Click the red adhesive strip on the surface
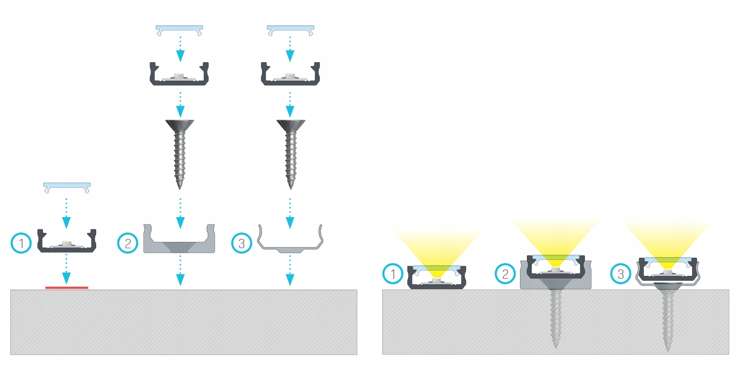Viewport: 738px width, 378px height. pos(67,287)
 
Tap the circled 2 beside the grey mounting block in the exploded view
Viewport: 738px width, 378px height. pos(127,243)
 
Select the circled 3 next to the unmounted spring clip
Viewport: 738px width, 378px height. pos(241,243)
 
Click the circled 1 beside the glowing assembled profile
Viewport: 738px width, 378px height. pos(393,274)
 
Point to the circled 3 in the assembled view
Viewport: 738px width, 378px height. pos(621,274)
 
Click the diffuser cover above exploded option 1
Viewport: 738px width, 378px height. pos(67,187)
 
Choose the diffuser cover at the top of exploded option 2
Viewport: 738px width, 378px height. pos(180,28)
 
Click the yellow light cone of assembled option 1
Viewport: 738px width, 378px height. pos(437,249)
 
